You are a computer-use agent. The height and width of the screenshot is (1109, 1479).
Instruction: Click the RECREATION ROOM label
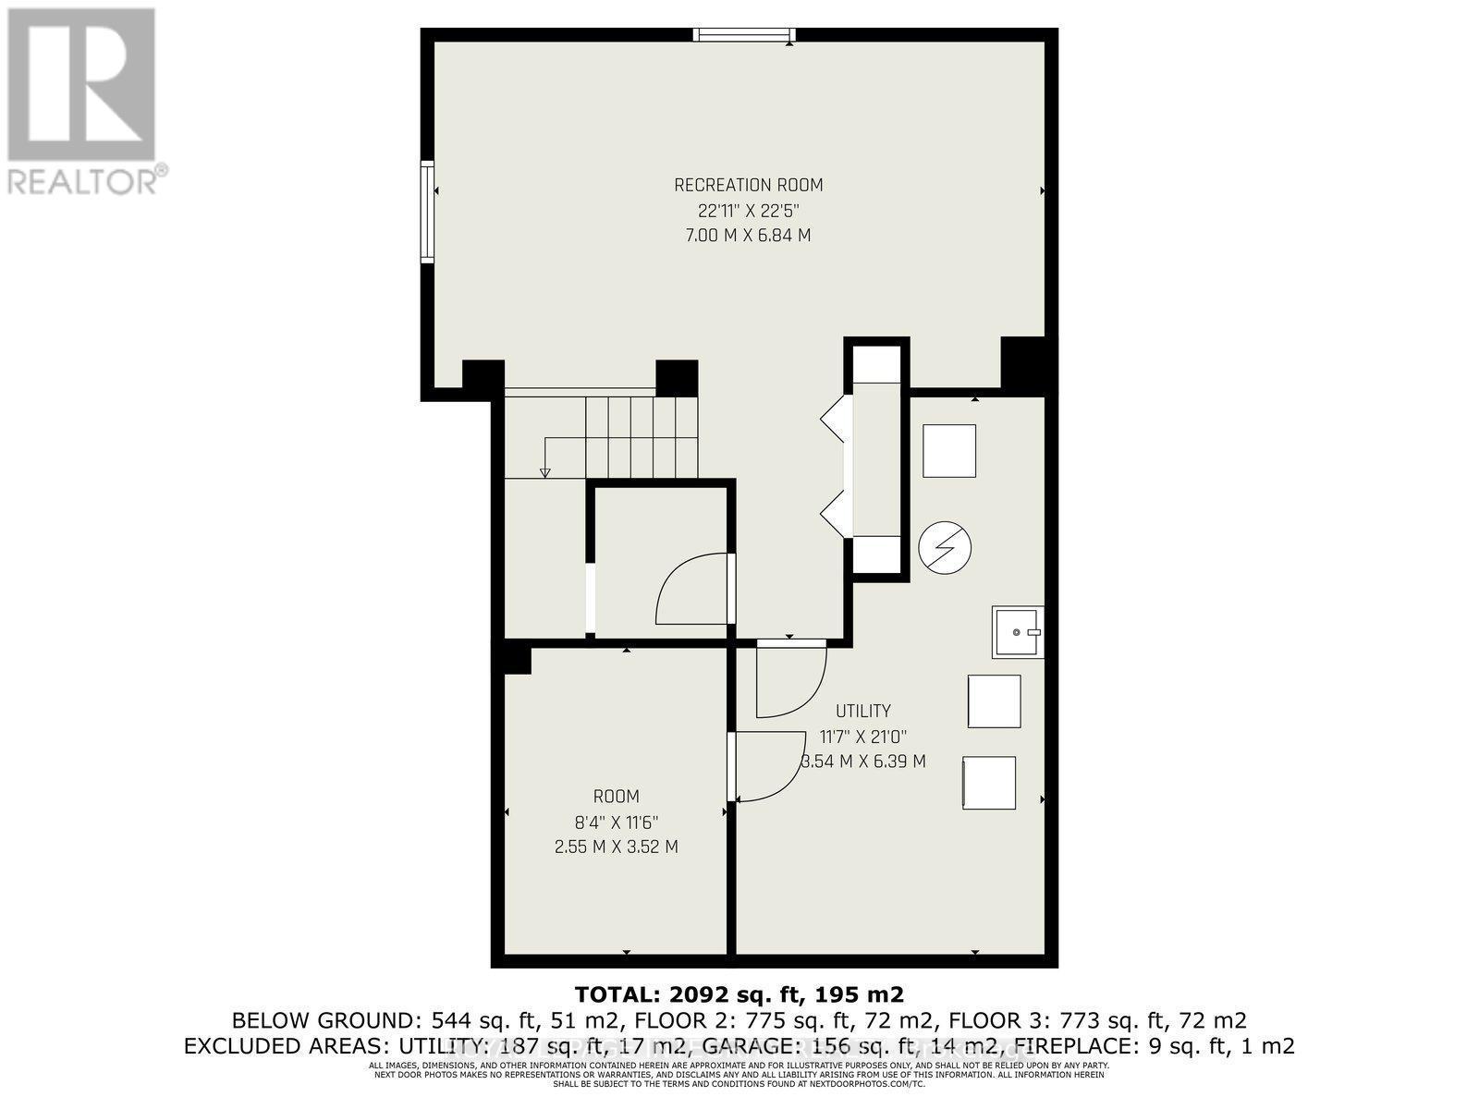[x=748, y=185]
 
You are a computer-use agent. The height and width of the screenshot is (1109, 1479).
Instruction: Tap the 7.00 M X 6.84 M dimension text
[x=748, y=235]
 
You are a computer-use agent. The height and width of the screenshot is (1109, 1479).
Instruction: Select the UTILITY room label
[x=862, y=711]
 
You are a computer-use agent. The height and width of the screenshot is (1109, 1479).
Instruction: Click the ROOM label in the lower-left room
[x=616, y=797]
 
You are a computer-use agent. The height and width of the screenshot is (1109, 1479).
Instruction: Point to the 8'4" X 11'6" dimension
[x=616, y=822]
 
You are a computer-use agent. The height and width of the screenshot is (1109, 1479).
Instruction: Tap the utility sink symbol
[x=1017, y=632]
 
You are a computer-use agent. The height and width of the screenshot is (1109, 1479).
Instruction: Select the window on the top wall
[x=744, y=35]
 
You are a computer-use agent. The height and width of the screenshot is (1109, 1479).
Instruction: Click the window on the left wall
[x=427, y=212]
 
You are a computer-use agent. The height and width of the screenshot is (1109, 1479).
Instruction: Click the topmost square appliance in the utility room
[x=949, y=451]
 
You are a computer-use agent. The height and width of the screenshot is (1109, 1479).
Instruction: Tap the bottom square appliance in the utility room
[x=989, y=783]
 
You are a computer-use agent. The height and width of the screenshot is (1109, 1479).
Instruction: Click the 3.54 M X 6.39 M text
[x=862, y=762]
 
